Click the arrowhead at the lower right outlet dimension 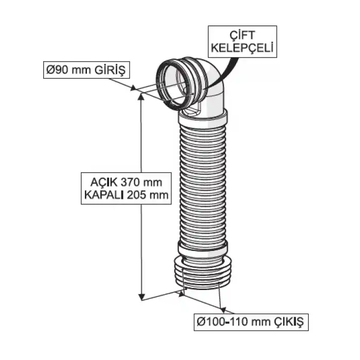pyautogui.click(x=223, y=309)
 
